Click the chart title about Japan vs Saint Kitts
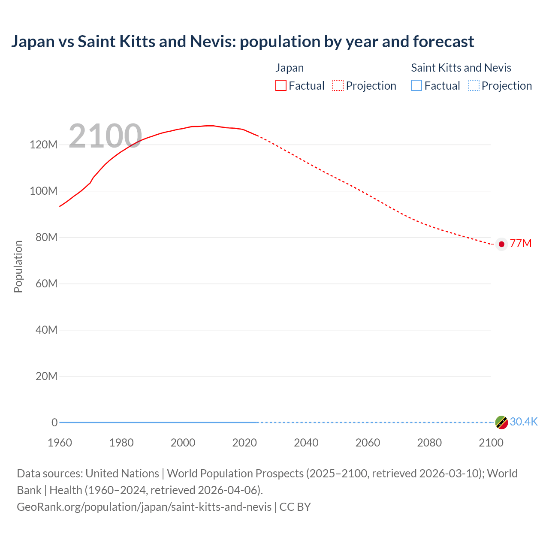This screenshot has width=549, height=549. [x=242, y=42]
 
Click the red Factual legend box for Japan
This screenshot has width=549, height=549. [x=281, y=85]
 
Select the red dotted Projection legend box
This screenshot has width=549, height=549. [x=338, y=85]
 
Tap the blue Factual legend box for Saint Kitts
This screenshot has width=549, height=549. [x=416, y=85]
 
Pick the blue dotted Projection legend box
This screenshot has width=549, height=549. [x=474, y=85]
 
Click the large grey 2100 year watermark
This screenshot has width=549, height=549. [x=105, y=136]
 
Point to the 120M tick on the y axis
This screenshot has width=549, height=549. [x=43, y=145]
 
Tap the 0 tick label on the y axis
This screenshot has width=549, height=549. [x=54, y=422]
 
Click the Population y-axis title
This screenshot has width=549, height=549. [x=18, y=266]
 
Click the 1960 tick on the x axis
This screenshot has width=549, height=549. [x=60, y=443]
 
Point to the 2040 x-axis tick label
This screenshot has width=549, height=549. [x=306, y=443]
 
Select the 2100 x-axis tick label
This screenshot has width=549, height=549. [x=491, y=443]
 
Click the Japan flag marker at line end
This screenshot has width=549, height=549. [x=501, y=244]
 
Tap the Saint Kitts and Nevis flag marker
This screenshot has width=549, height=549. [x=501, y=422]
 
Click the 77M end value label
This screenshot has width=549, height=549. [x=521, y=244]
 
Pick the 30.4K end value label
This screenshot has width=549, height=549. [x=524, y=422]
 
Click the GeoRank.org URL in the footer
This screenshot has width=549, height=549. [x=144, y=507]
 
